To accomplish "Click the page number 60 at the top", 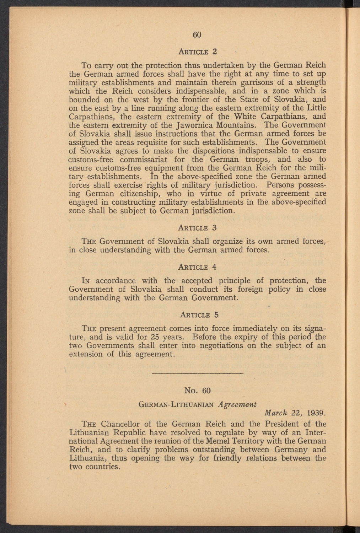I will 197,34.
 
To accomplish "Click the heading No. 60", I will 198,391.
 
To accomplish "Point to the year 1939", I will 316,413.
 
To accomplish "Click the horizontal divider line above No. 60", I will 198,373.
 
